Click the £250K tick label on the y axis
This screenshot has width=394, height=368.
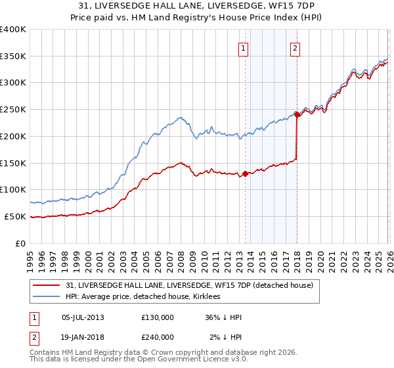tap(13, 110)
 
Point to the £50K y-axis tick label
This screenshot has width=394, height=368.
tap(15, 216)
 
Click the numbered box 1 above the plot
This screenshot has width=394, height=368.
tap(244, 48)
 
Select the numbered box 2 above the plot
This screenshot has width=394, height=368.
tap(295, 48)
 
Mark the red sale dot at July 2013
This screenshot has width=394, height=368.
tap(245, 174)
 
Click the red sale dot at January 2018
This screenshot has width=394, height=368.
tap(297, 114)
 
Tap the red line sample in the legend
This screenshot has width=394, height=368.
tap(47, 285)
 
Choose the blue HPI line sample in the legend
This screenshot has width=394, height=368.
tap(47, 296)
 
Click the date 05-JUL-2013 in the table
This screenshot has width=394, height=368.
tap(83, 317)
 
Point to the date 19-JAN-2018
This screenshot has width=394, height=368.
tap(83, 338)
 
